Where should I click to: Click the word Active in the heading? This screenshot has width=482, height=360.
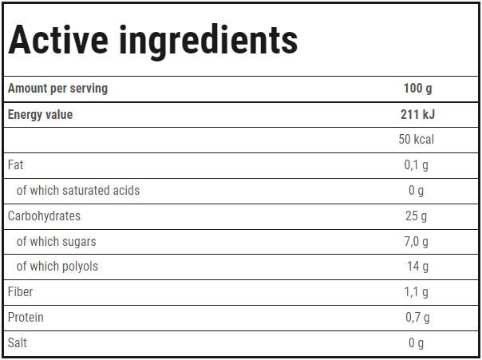pos(58,40)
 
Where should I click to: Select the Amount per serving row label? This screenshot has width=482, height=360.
pos(57,89)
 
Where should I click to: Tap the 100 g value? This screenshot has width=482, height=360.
pos(417,89)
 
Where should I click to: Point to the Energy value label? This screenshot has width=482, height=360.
pos(40,114)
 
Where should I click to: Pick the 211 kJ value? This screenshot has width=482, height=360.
pos(417,114)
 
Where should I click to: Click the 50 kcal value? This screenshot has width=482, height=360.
pos(417,140)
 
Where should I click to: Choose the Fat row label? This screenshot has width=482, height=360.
pos(16,165)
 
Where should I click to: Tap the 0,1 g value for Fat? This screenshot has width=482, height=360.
pos(417,165)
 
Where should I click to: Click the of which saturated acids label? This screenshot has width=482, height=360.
pos(78,191)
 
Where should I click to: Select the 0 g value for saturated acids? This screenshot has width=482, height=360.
pos(417,191)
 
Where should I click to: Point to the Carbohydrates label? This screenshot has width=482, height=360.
pos(44,216)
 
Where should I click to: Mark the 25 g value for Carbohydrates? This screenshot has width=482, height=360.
pos(417,216)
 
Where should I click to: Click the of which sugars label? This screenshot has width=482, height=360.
pos(56,241)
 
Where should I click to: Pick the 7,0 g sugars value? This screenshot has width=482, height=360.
pos(417,241)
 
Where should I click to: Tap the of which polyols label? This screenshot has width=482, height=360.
pos(57,267)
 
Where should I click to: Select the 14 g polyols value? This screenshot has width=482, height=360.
pos(417,267)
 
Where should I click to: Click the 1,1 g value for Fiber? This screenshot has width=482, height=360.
pos(417,292)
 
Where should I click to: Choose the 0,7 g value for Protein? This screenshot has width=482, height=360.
pos(417,318)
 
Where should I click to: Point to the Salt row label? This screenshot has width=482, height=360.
pos(18,343)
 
